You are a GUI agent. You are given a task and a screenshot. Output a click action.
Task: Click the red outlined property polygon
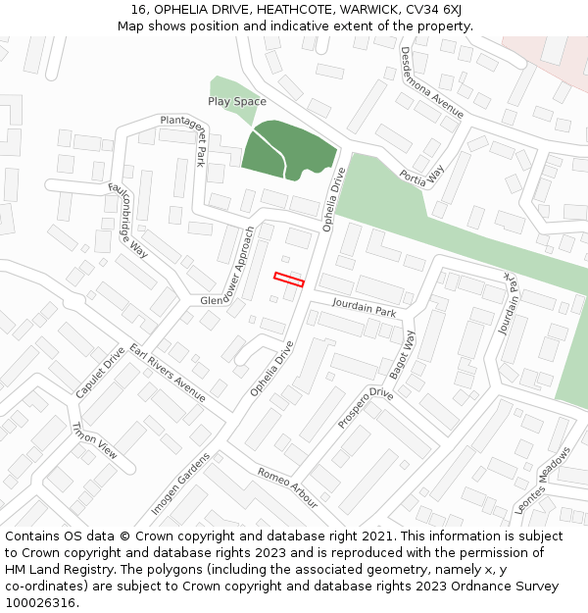coord(289,280)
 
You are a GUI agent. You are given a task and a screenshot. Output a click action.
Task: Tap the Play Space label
coord(236,101)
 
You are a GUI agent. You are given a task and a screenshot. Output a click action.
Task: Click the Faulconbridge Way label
coord(127,220)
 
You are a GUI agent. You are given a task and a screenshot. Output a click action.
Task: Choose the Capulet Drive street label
coord(100,372)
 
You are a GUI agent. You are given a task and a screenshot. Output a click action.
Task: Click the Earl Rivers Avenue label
coord(168,374)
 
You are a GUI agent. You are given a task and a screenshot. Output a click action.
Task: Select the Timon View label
coord(94,440)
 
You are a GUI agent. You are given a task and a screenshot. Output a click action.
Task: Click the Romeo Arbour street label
coord(287,487)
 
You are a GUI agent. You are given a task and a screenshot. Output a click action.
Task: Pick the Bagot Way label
coord(403,353)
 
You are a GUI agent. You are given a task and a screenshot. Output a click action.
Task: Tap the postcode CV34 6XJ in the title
coord(432,10)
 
